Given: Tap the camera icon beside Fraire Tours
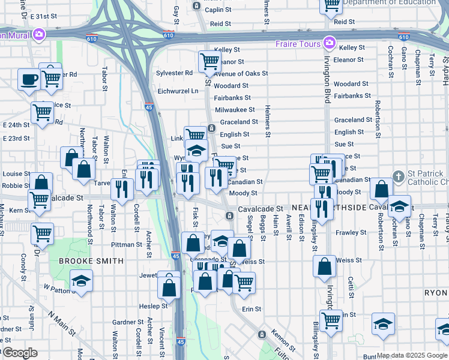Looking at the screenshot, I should point(328,43).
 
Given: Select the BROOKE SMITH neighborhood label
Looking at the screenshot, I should point(91,261).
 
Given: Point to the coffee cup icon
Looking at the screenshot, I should point(28,79).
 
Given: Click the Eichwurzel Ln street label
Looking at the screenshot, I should point(178,91).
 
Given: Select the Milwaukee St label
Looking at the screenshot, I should point(235,110).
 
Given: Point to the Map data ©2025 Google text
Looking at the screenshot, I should point(412,355).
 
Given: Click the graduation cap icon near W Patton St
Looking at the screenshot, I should point(81,281).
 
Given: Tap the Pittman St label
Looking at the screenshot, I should point(126,245).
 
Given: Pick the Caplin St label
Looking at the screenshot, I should point(218,10).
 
